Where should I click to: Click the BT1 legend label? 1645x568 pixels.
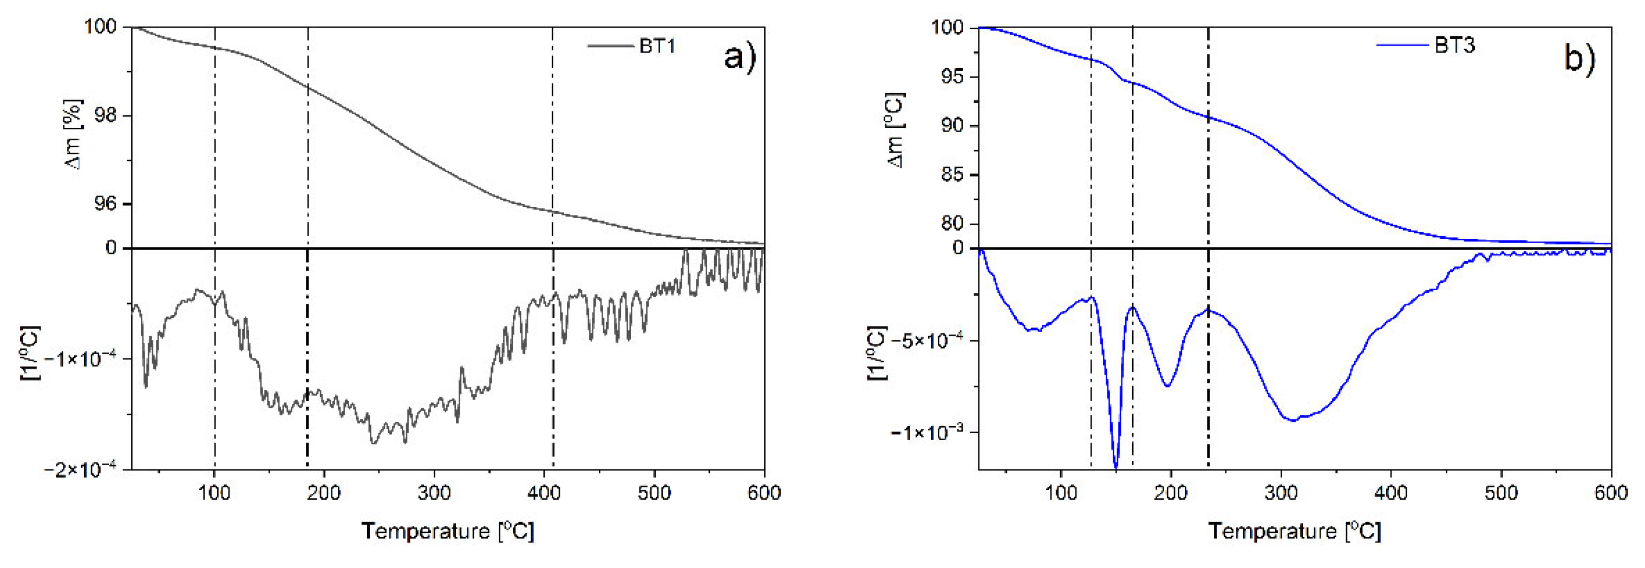tap(657, 46)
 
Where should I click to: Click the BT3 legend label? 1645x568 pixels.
tap(1455, 45)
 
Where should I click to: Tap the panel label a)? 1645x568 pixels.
tap(740, 57)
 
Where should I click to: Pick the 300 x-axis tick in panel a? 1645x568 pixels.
tap(434, 493)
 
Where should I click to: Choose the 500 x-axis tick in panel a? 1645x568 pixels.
tap(655, 493)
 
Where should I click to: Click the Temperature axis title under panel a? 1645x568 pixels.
tap(448, 531)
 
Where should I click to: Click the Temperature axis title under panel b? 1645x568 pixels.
tap(1295, 531)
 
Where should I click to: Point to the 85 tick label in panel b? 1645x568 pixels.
tap(951, 174)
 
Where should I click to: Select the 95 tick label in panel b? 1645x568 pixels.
tap(951, 77)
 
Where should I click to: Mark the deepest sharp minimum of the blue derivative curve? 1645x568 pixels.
tap(1115, 468)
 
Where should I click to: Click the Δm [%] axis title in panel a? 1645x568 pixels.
tap(75, 135)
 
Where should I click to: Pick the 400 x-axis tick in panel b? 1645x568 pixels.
tap(1391, 493)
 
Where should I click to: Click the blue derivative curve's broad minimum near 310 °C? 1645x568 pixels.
tap(1292, 420)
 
